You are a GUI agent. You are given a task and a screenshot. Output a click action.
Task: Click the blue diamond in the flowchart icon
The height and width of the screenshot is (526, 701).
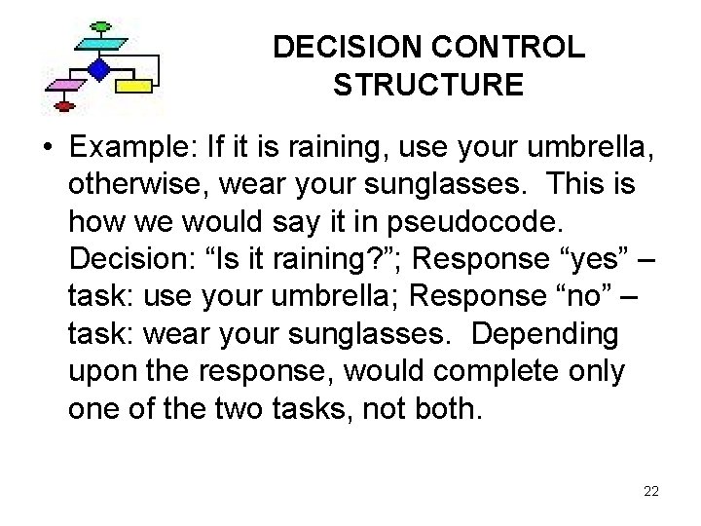coord(98,69)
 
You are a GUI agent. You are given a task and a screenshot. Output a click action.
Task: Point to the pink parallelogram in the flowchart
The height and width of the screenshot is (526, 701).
coord(63,86)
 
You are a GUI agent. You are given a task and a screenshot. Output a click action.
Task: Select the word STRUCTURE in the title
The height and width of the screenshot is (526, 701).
coord(428,86)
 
